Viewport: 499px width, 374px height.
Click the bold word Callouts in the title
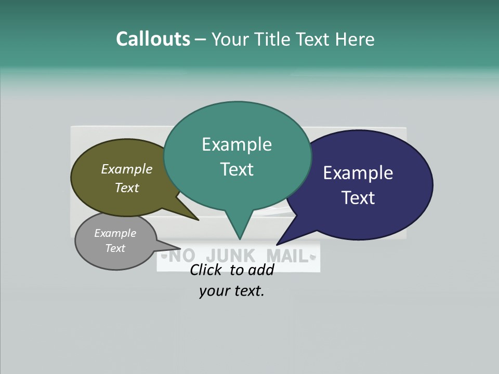click(153, 39)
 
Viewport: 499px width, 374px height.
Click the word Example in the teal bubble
click(237, 144)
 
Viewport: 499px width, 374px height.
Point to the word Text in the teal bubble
click(237, 169)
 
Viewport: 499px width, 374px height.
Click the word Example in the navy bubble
click(358, 173)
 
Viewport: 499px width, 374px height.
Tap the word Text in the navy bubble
click(358, 198)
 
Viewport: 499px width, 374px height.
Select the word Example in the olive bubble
click(127, 169)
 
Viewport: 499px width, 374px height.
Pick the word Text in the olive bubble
click(127, 188)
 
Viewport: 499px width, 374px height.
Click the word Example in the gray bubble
click(115, 233)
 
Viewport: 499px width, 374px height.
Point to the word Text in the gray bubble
click(115, 248)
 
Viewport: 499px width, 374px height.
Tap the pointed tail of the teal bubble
click(240, 234)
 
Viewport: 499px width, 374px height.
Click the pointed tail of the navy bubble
click(281, 240)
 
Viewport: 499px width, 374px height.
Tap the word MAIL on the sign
click(287, 256)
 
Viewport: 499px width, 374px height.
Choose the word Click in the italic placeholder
click(207, 270)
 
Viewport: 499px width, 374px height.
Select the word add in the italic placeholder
click(261, 270)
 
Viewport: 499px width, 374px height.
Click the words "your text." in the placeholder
click(232, 291)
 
